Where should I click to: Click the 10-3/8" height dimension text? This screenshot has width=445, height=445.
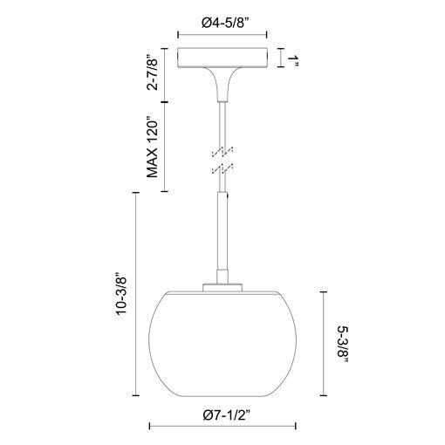[121, 294]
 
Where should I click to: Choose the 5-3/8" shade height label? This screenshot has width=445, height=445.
[343, 344]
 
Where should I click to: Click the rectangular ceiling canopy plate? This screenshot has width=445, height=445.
[222, 58]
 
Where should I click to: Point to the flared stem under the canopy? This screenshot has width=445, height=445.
[222, 85]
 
